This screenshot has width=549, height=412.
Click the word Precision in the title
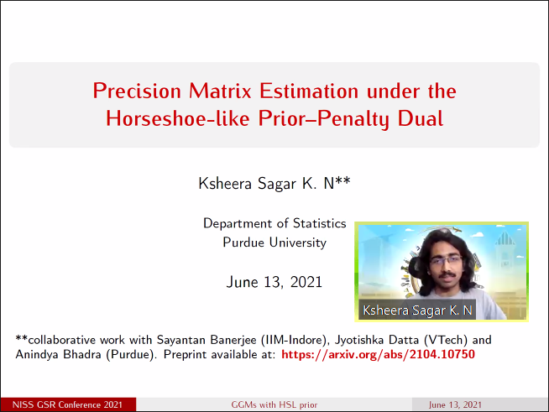(137, 91)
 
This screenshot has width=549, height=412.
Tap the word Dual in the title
(421, 118)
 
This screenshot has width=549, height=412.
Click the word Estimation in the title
(309, 91)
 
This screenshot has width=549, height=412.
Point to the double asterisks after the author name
(342, 180)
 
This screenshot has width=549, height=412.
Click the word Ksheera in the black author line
(225, 183)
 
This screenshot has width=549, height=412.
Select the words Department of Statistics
(274, 223)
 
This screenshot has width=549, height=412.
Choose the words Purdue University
(274, 243)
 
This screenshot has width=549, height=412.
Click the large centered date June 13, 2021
(274, 282)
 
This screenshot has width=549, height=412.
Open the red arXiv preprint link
(378, 355)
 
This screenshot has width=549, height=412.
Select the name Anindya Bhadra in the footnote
(58, 355)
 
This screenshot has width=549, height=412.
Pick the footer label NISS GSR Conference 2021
(67, 405)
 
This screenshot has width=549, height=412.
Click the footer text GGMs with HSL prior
(274, 405)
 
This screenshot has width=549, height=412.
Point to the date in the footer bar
(455, 405)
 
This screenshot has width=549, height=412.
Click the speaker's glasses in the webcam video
(446, 261)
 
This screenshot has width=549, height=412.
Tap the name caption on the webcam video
(417, 310)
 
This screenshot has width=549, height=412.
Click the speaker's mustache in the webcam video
(447, 275)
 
